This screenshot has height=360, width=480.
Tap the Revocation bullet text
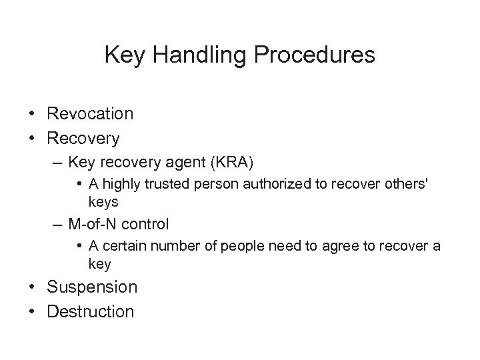(x=90, y=114)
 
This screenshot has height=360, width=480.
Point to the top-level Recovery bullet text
(x=83, y=139)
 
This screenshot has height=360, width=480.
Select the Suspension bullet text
(x=92, y=287)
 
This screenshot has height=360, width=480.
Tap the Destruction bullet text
(x=91, y=311)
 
